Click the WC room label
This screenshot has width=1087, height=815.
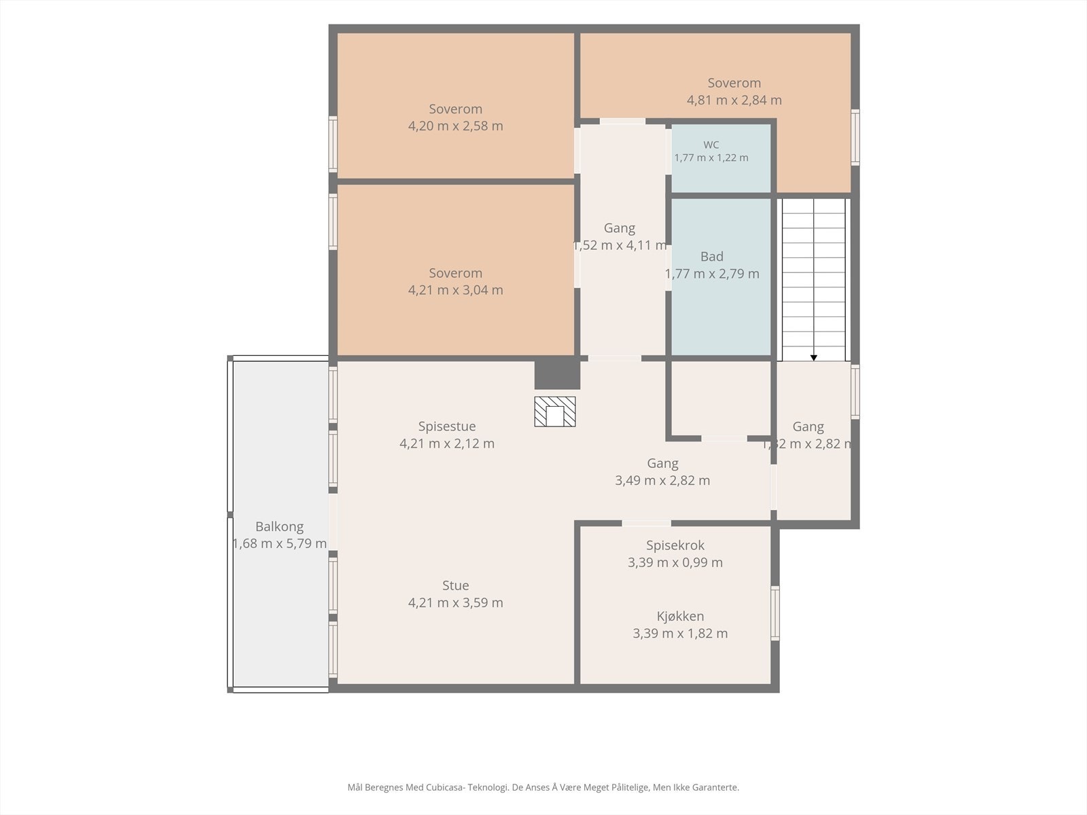(x=711, y=145)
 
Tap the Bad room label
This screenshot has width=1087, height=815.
(x=711, y=257)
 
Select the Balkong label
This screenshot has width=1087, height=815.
(x=279, y=526)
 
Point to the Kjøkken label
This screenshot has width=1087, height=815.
(x=680, y=617)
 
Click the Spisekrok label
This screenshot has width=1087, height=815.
(x=675, y=545)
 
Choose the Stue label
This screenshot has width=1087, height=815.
(x=455, y=585)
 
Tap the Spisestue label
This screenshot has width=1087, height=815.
(x=446, y=427)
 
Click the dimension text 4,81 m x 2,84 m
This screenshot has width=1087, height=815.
(x=734, y=100)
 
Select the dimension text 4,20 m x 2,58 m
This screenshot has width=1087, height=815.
(x=455, y=126)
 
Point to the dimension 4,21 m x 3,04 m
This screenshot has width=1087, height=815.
(x=455, y=290)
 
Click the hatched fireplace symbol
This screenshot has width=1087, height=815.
(x=554, y=411)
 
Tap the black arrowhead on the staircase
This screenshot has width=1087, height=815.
(x=814, y=358)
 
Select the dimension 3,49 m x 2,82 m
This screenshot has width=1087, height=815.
(x=662, y=480)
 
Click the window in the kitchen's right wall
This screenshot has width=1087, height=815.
(x=775, y=613)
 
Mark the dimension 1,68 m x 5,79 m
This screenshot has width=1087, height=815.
(x=279, y=543)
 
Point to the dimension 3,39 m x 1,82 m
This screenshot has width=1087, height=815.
(x=680, y=634)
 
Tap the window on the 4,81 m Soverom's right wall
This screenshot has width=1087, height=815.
(x=855, y=137)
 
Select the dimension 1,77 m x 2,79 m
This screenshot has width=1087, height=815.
(x=711, y=274)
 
